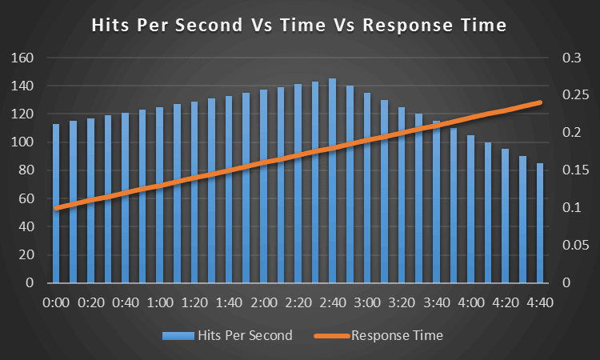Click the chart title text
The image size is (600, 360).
299,25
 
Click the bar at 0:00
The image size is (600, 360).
56,204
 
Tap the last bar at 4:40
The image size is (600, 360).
540,223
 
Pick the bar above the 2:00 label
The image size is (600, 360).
263,186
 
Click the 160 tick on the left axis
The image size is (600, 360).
22,58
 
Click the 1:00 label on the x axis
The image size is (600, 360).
160,304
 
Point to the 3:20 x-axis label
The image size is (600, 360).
402,304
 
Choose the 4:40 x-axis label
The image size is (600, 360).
540,304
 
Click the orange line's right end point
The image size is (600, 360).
541,102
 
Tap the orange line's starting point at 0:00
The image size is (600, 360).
56,208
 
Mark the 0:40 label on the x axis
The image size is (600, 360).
125,304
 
